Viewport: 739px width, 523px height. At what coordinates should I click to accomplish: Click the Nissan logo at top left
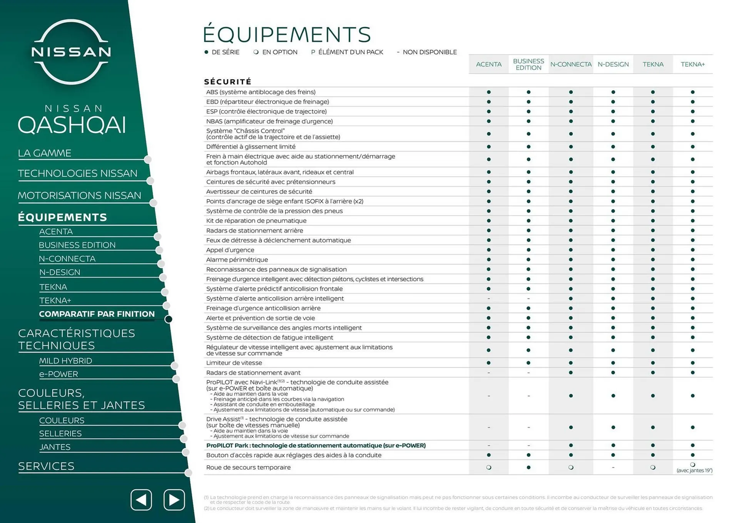(x=71, y=52)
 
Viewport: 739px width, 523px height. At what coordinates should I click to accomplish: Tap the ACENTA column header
(x=488, y=64)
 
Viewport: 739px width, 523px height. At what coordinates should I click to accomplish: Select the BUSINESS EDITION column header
(x=528, y=64)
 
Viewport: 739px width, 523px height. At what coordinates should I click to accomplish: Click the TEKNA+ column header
(x=692, y=64)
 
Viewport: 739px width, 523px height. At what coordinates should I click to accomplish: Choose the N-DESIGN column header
(x=613, y=64)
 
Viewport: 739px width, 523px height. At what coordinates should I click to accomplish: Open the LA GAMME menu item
(x=45, y=153)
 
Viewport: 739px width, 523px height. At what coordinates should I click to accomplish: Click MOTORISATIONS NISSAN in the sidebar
(x=79, y=196)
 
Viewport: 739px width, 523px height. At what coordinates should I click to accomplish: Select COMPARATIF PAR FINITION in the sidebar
(x=97, y=314)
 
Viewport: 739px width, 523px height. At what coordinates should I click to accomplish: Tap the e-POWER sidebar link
(x=59, y=374)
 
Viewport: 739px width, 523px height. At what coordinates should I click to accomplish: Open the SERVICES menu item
(x=46, y=466)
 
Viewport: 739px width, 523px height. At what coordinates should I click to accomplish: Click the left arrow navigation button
(x=141, y=500)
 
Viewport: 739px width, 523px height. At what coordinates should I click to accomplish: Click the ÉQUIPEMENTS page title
(x=287, y=35)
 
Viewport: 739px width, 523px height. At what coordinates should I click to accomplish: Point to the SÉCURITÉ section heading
(x=227, y=82)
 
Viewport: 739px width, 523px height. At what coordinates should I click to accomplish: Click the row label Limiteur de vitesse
(x=234, y=363)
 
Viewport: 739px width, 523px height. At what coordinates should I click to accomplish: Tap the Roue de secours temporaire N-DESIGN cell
(x=613, y=468)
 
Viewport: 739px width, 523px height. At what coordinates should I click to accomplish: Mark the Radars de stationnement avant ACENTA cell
(x=488, y=373)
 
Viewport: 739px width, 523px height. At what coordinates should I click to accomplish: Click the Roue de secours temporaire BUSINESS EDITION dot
(x=528, y=468)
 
